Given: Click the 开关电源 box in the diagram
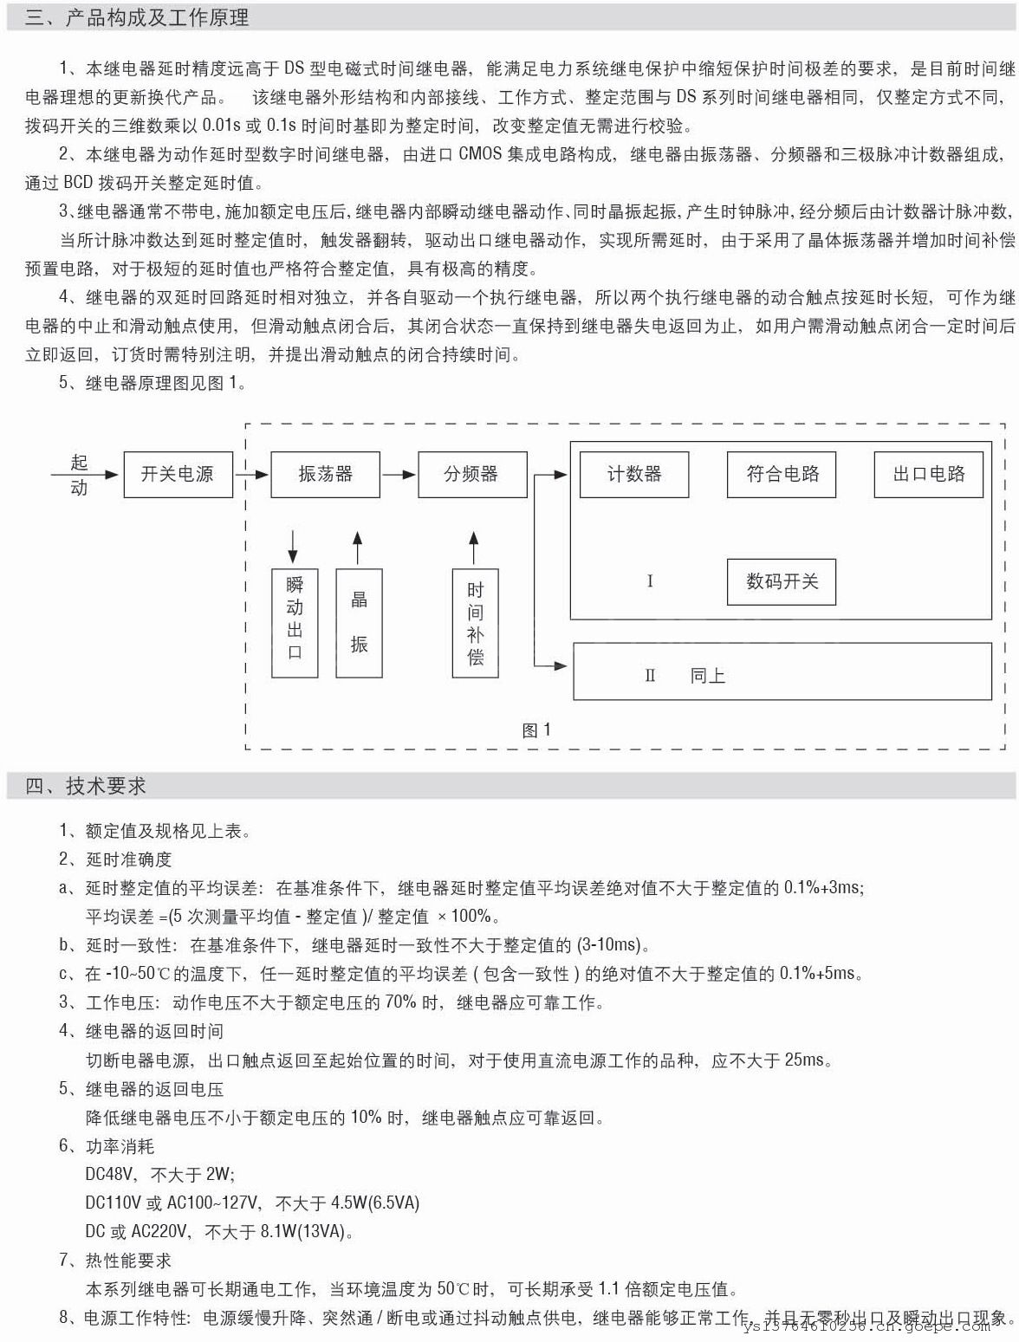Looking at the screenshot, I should [178, 474].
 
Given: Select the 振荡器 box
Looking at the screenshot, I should [325, 474].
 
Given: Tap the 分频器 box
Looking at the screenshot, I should [471, 474].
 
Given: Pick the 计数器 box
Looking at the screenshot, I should [633, 474].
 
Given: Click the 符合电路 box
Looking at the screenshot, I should [781, 474].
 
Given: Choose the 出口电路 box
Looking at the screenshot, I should [928, 474].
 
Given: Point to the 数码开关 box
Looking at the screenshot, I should [781, 581].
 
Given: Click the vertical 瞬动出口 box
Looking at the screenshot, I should [295, 622].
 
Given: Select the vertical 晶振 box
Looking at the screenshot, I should [358, 622].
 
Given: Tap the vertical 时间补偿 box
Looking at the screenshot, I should [475, 622].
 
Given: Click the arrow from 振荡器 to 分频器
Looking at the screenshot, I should [399, 474].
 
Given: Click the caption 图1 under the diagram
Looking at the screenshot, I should [536, 730].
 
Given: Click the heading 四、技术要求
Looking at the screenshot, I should [86, 786].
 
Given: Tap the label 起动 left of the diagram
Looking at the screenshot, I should [79, 475].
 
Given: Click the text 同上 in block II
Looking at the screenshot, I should [707, 676].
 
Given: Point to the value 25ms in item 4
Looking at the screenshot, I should [805, 1060].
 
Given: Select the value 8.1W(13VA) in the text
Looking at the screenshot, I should [307, 1231].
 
